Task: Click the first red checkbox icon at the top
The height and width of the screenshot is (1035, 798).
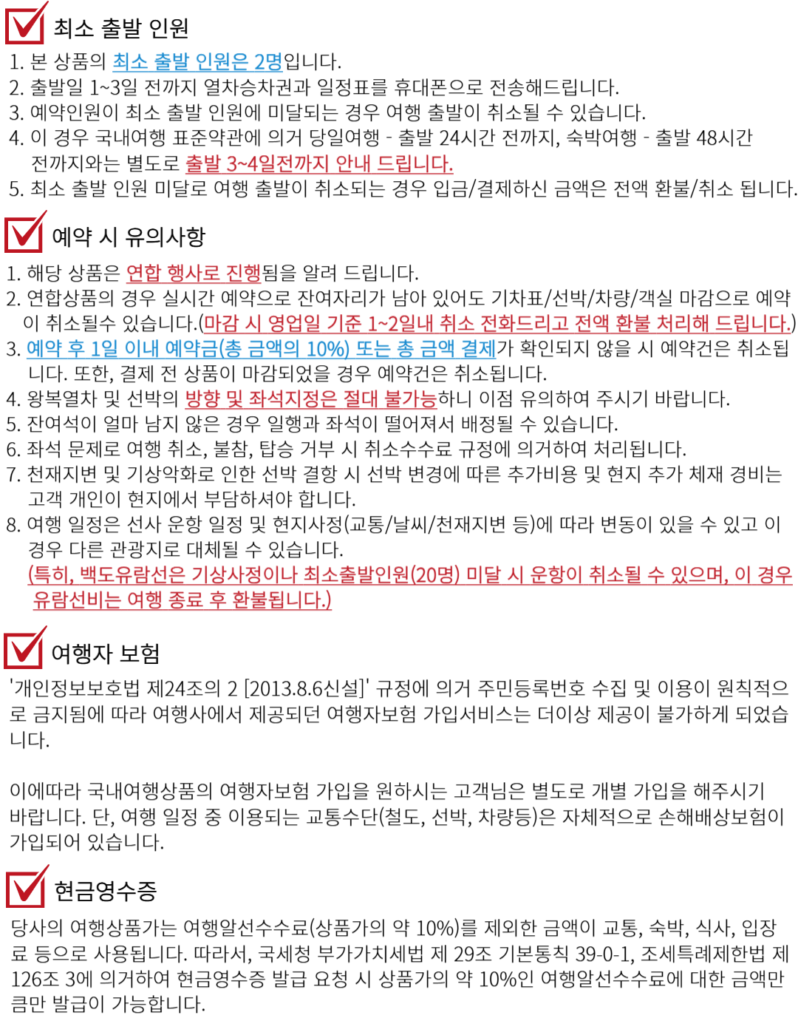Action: (x=26, y=24)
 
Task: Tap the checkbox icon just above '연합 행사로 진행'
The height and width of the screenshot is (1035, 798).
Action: (x=25, y=233)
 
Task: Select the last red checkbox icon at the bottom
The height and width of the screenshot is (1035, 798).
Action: (x=27, y=887)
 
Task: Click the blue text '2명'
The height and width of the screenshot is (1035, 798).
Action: (x=268, y=63)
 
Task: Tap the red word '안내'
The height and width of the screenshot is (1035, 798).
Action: (x=352, y=164)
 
